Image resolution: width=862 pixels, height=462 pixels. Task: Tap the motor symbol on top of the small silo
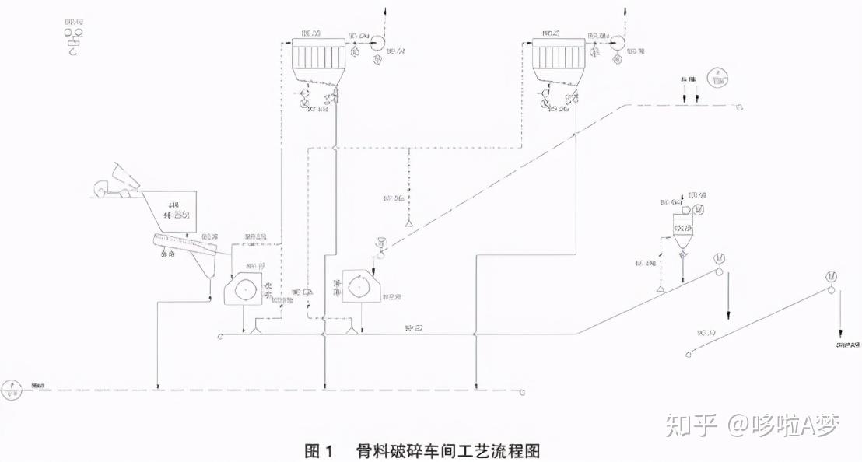tap(698, 209)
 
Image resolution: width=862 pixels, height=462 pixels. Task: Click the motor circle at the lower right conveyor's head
tap(832, 277)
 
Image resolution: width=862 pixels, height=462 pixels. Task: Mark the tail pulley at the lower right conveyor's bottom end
tap(686, 355)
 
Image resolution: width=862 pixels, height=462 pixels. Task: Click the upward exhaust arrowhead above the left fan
tap(387, 10)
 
